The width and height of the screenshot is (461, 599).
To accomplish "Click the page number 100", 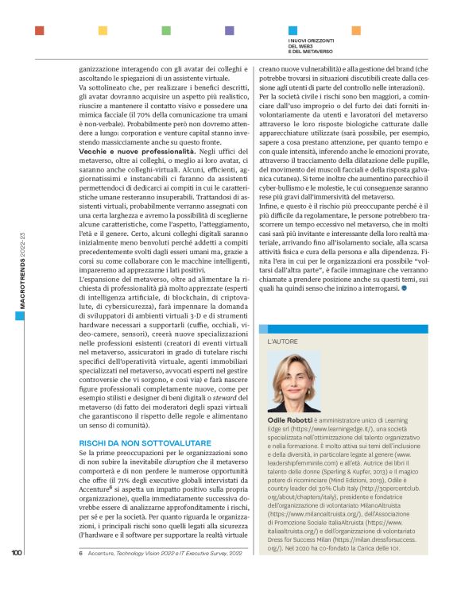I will tap(17, 576).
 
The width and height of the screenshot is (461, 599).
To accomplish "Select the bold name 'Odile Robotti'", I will tap(291, 419).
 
